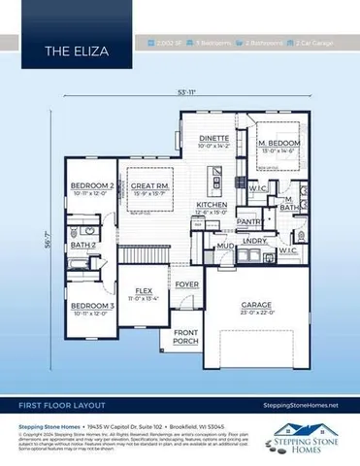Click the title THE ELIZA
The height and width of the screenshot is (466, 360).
tap(68, 47)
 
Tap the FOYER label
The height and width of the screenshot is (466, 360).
tap(186, 283)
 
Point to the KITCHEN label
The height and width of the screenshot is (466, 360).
tap(212, 205)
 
